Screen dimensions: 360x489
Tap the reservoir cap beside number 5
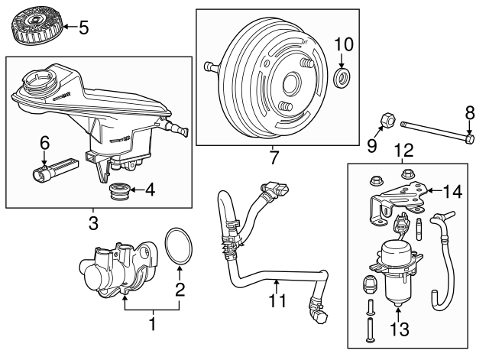click(x=36, y=28)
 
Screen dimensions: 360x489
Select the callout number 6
click(x=44, y=142)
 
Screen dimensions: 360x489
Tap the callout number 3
click(x=93, y=224)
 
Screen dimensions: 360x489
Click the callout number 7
click(x=274, y=159)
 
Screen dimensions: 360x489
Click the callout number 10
click(x=342, y=43)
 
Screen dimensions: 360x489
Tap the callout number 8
click(x=470, y=112)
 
